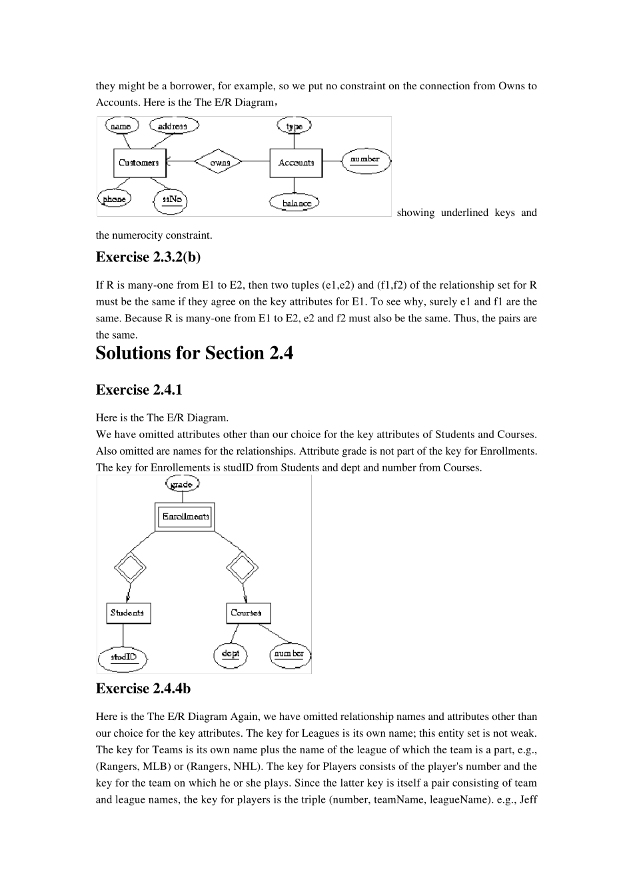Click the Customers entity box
pyautogui.click(x=139, y=163)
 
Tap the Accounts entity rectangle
pyautogui.click(x=296, y=163)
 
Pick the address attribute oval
pyautogui.click(x=173, y=126)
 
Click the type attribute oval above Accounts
pyautogui.click(x=294, y=126)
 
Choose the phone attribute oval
pyautogui.click(x=114, y=199)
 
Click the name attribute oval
pyautogui.click(x=121, y=126)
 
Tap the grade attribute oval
pyautogui.click(x=181, y=485)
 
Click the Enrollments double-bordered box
pyautogui.click(x=185, y=517)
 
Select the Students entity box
pyautogui.click(x=128, y=613)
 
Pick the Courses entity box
pyautogui.click(x=248, y=613)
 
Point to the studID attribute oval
pyautogui.click(x=123, y=657)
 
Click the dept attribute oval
pyautogui.click(x=231, y=654)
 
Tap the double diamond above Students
pyautogui.click(x=130, y=569)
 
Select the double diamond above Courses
pyautogui.click(x=243, y=569)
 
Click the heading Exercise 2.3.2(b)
pyautogui.click(x=148, y=257)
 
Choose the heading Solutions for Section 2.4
pyautogui.click(x=194, y=353)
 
